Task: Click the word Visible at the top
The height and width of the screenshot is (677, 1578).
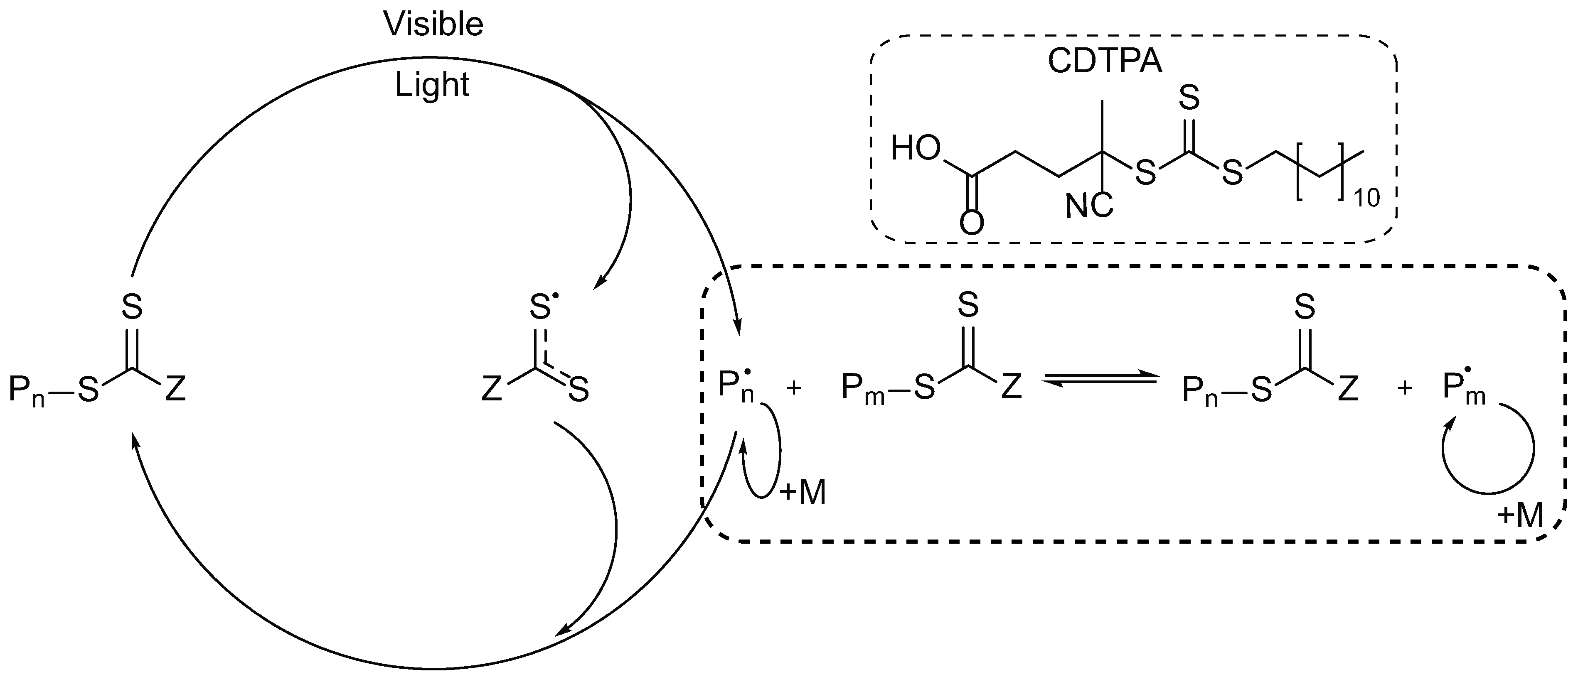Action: click(433, 25)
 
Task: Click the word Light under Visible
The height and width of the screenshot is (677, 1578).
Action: click(431, 84)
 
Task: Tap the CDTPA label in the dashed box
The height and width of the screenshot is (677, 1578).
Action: click(1105, 62)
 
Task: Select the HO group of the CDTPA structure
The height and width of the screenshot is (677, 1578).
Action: click(915, 149)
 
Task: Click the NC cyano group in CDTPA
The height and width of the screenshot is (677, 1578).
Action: click(1088, 207)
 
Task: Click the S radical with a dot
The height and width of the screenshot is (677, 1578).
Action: click(542, 307)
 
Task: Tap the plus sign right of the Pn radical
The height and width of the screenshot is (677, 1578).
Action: click(794, 388)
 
